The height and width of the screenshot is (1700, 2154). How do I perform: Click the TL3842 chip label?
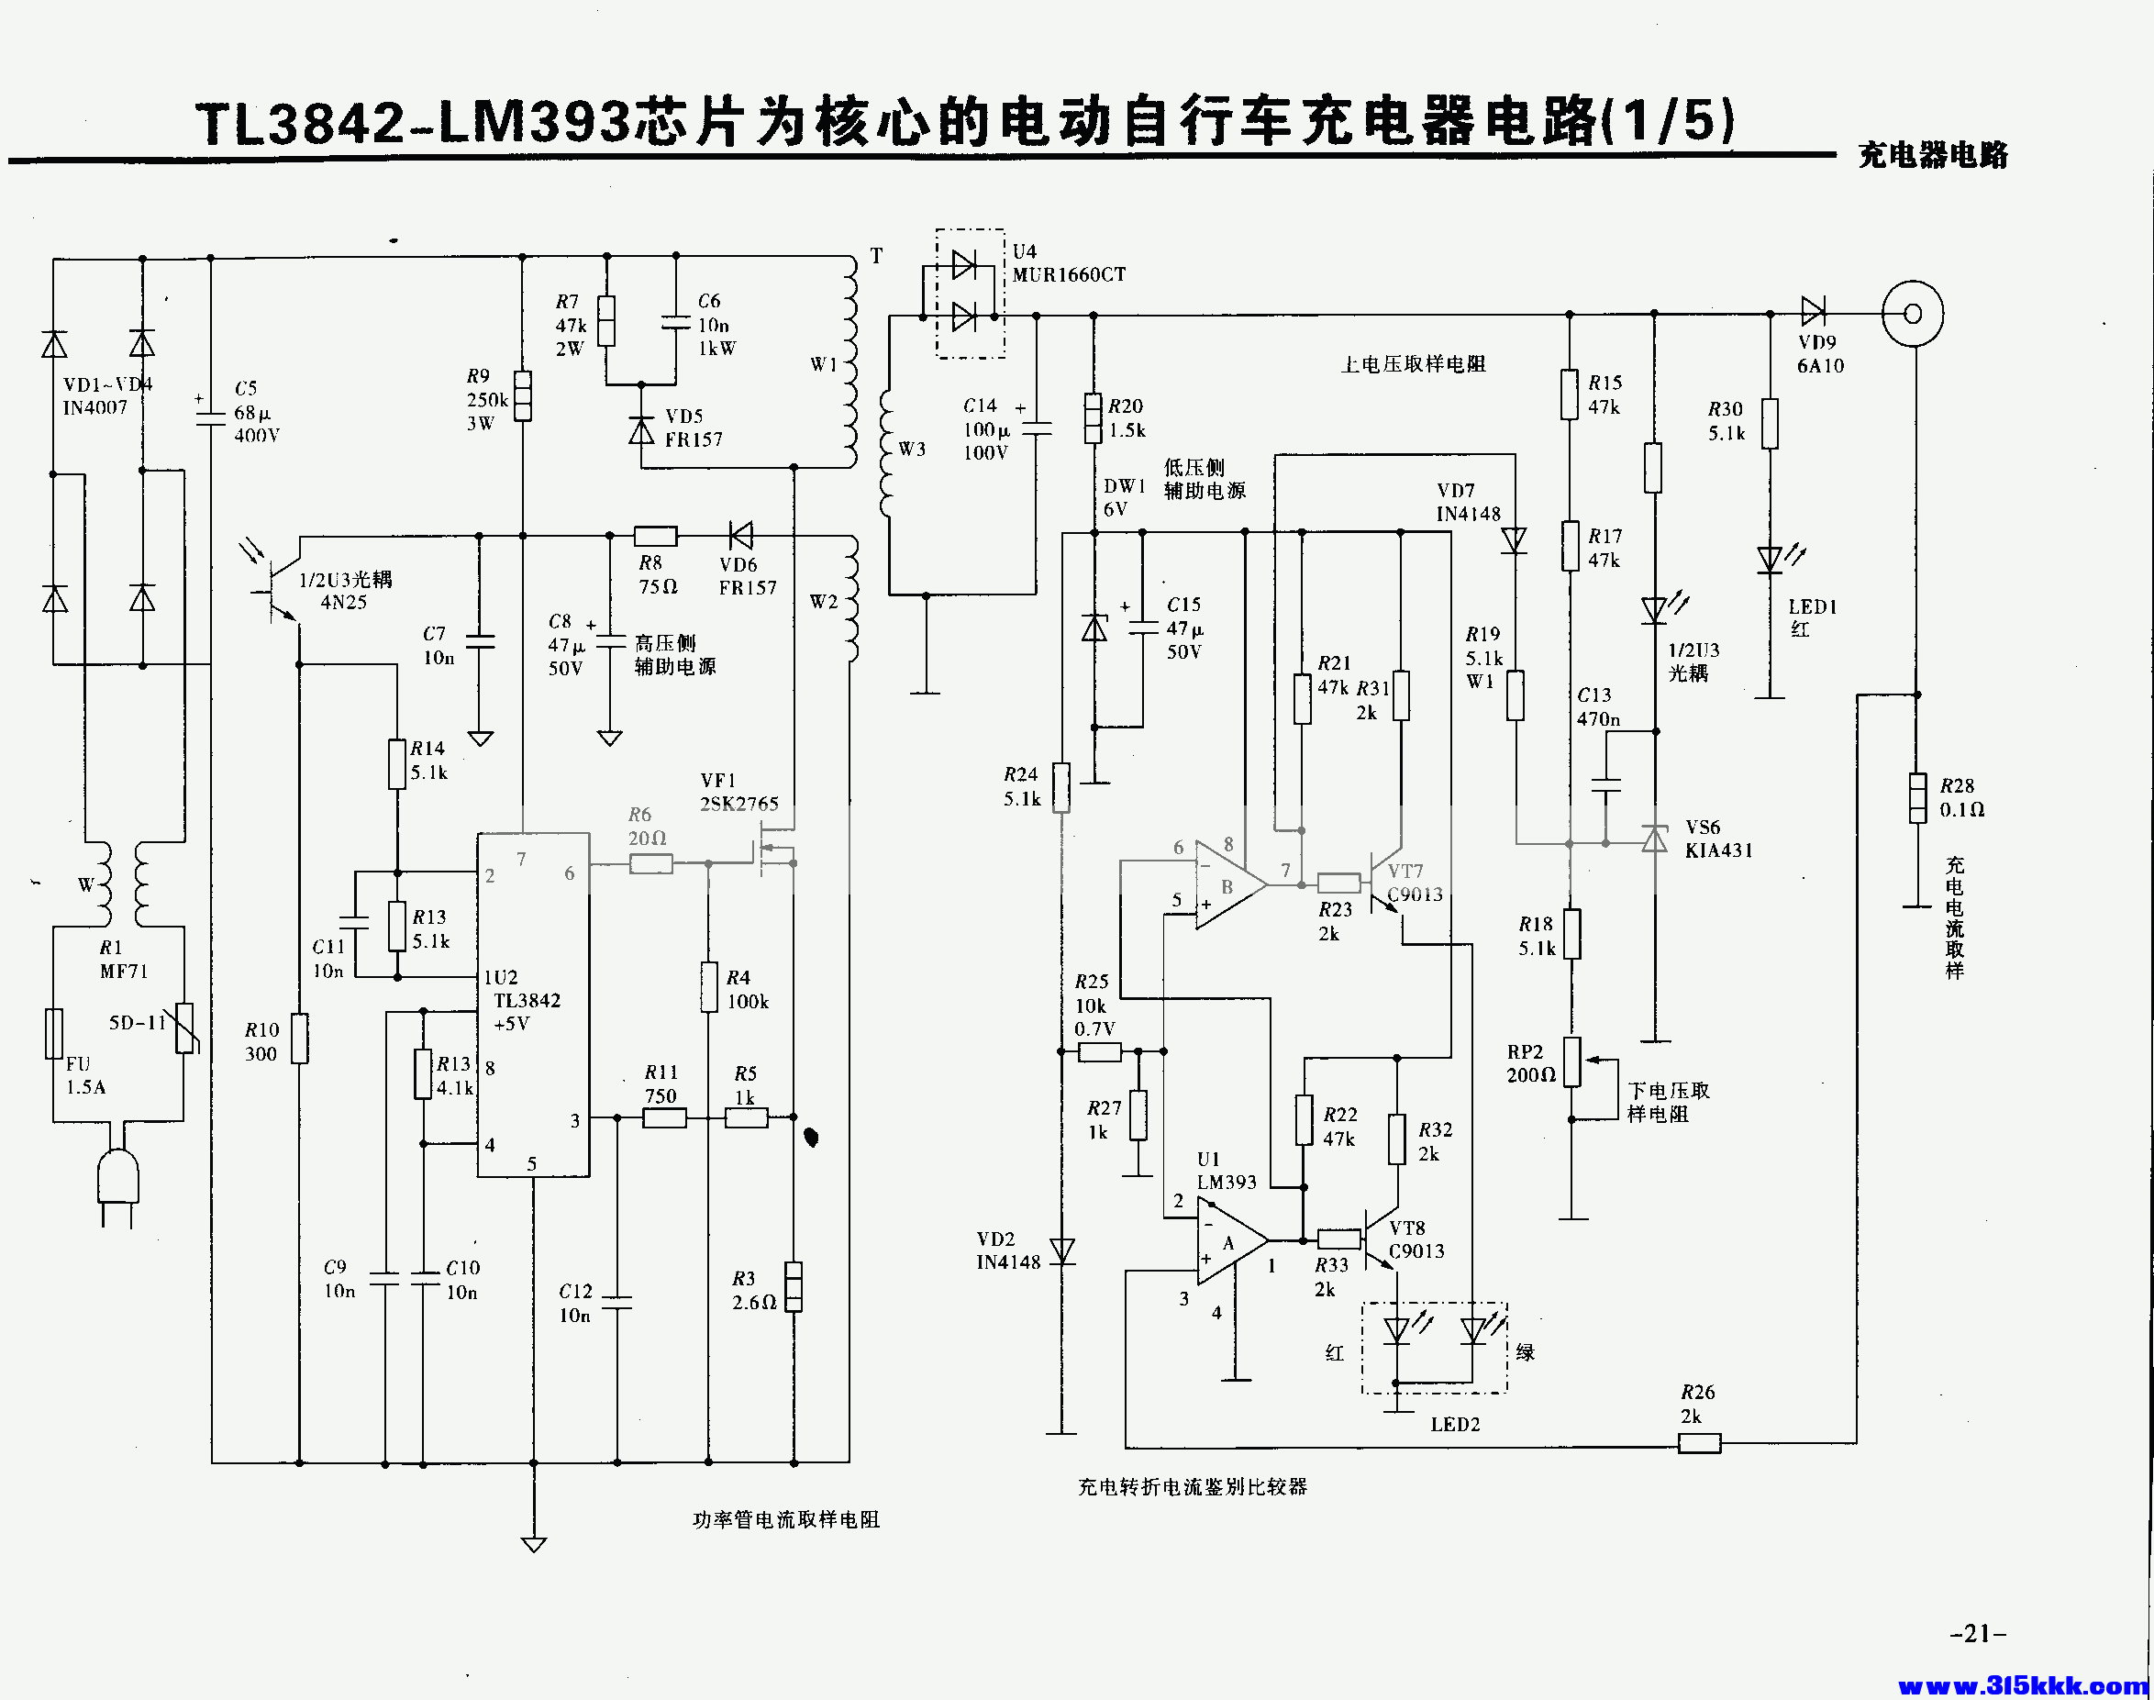[527, 1000]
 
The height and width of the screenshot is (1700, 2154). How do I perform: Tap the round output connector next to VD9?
[1912, 315]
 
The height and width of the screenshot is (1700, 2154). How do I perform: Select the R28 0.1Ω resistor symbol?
[1918, 798]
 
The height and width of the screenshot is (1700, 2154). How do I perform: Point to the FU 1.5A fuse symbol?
[55, 1033]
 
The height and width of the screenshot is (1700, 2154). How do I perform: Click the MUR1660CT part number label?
[1069, 274]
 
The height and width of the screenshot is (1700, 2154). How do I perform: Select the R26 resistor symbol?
[1699, 1443]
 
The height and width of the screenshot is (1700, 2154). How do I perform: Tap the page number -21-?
[1978, 1634]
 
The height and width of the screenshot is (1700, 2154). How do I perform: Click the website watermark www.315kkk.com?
[2023, 1685]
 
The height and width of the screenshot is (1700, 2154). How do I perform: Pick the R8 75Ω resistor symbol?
[656, 537]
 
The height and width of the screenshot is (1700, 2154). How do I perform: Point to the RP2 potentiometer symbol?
[1571, 1062]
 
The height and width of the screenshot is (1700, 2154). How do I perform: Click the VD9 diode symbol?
[1813, 313]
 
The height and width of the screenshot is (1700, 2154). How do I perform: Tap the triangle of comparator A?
[1232, 1241]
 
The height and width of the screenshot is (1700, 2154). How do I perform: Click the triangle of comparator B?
[1230, 884]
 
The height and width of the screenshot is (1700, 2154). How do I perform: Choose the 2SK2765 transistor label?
[739, 805]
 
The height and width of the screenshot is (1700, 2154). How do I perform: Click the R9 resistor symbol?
[523, 396]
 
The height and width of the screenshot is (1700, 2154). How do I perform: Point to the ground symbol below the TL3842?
[534, 1545]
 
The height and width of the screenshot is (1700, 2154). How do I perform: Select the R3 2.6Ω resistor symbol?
[794, 1286]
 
